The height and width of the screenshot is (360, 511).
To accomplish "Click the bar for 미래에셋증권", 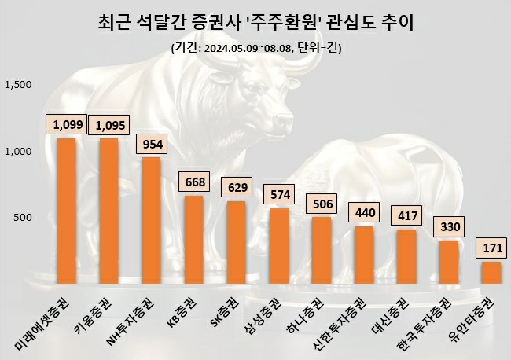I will point(66,211).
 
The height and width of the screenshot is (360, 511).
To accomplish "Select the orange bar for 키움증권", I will point(108,211).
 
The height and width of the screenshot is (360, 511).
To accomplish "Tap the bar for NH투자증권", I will point(151,220).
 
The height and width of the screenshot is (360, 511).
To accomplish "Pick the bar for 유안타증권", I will point(491,272).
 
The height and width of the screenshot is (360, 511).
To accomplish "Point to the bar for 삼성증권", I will point(279,245).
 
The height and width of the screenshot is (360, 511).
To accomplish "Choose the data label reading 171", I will point(493,248).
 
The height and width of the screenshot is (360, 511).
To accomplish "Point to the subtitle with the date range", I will point(256,48).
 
